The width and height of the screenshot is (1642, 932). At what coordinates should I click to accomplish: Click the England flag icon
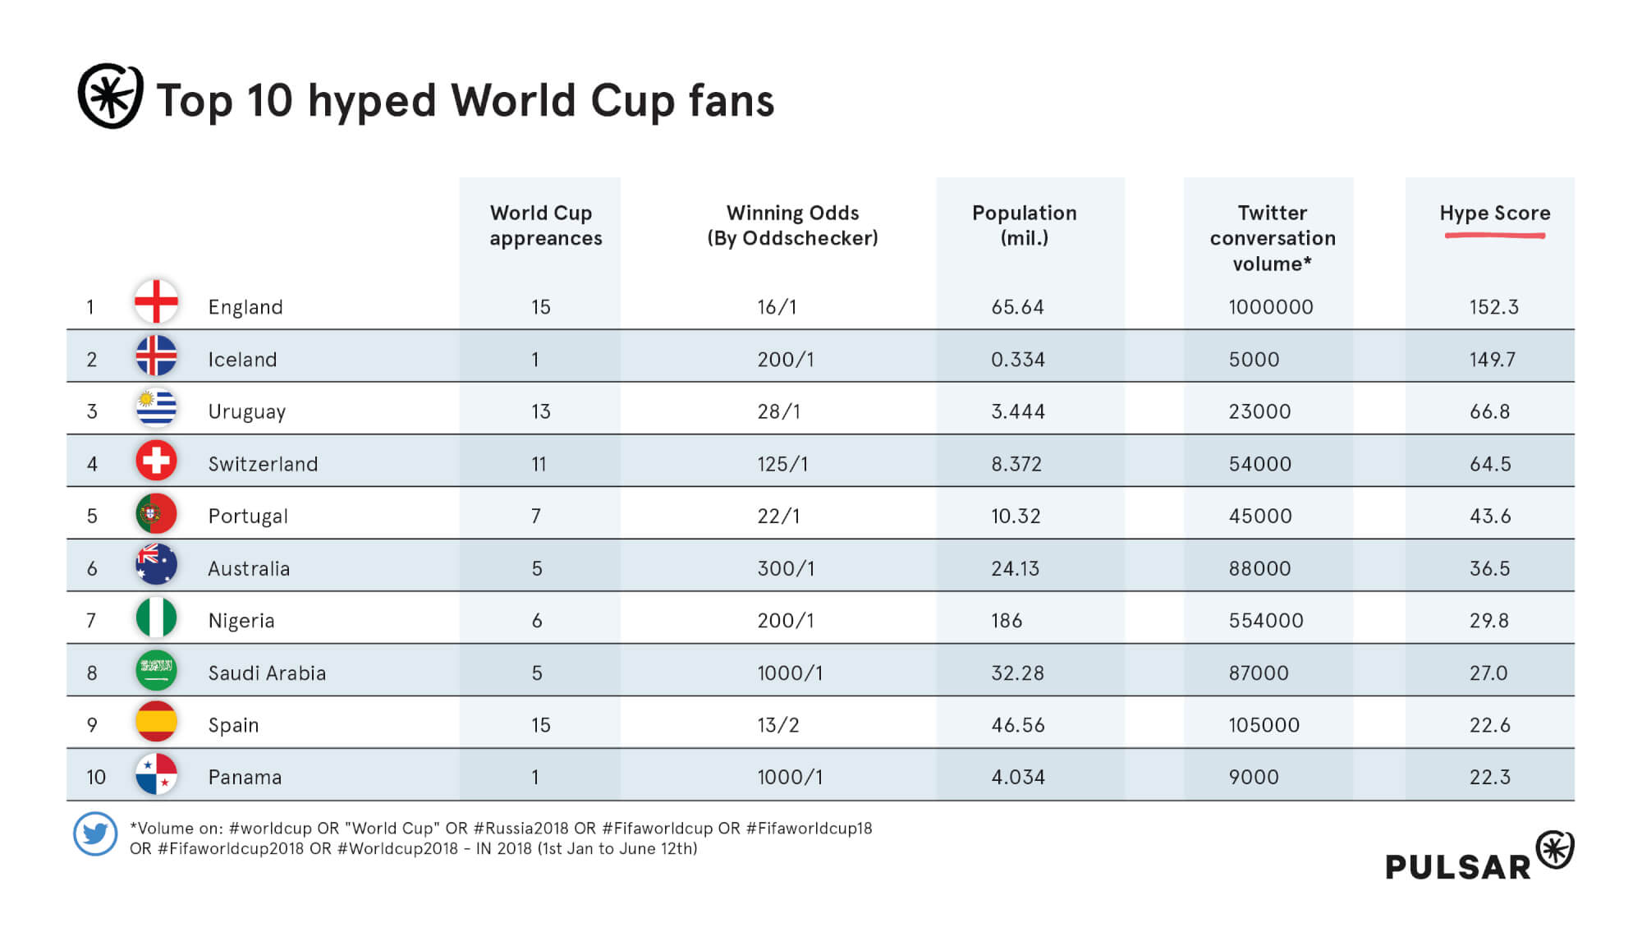click(156, 301)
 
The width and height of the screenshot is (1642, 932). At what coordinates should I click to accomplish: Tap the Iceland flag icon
click(156, 356)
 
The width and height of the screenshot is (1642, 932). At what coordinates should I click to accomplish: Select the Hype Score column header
click(1494, 213)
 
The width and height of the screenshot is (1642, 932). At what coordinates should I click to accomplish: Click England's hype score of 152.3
click(1493, 307)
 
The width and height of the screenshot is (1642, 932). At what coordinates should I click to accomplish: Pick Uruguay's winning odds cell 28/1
click(778, 411)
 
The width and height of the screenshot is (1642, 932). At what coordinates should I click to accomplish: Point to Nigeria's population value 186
click(1007, 621)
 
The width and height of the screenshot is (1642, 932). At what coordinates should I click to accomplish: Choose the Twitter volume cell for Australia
click(1259, 568)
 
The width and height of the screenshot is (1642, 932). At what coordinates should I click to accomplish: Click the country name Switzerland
click(263, 464)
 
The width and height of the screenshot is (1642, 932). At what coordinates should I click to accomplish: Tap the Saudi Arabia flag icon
click(156, 670)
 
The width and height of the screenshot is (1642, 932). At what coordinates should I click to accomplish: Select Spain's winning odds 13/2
click(777, 725)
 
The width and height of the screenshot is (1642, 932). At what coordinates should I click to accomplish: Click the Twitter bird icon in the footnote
click(95, 834)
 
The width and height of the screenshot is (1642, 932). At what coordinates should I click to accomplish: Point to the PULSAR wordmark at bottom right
click(1458, 867)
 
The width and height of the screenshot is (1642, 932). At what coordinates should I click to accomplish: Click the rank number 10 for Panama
click(96, 778)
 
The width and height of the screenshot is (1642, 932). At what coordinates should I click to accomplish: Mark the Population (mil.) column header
click(1024, 225)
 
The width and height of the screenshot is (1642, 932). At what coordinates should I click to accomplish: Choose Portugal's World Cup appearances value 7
click(536, 516)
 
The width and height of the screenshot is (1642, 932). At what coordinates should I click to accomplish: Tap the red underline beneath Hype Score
click(1494, 236)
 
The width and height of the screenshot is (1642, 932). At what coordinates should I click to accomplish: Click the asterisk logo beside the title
click(111, 96)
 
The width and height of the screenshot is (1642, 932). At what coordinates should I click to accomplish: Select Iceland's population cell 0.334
click(1017, 360)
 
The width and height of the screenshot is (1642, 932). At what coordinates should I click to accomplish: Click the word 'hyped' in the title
click(371, 102)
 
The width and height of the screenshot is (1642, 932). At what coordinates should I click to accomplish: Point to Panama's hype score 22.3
click(1489, 778)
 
